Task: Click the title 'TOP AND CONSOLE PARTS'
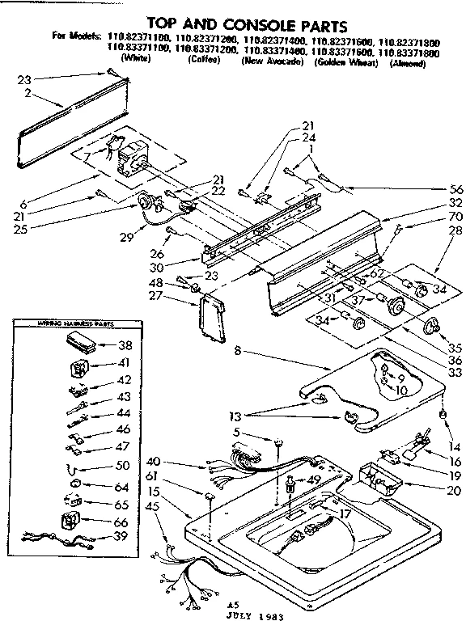point(234,23)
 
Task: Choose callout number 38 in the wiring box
point(125,343)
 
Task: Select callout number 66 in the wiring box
point(125,522)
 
